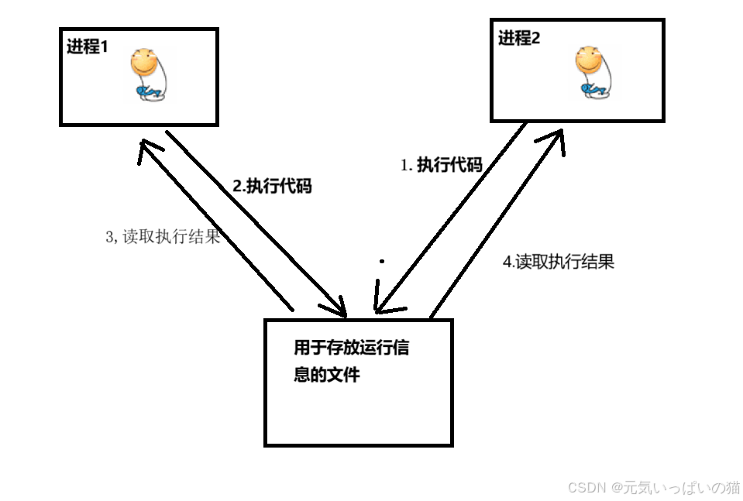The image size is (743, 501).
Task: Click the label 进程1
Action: (x=88, y=46)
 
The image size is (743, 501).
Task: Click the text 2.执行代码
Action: (x=272, y=187)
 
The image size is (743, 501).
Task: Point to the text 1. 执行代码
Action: (x=441, y=165)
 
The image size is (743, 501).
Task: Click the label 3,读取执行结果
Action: (x=163, y=237)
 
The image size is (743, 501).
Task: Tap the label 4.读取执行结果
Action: (x=559, y=262)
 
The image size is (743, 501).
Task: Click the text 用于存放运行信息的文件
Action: (x=350, y=361)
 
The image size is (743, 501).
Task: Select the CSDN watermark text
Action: (x=654, y=487)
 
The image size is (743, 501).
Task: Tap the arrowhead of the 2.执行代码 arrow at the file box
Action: (x=338, y=309)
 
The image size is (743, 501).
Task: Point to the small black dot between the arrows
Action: (x=381, y=262)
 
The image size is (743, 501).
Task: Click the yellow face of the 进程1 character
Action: (x=144, y=63)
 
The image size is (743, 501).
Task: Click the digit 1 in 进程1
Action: (x=105, y=46)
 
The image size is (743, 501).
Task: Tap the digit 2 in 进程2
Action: (x=535, y=38)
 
